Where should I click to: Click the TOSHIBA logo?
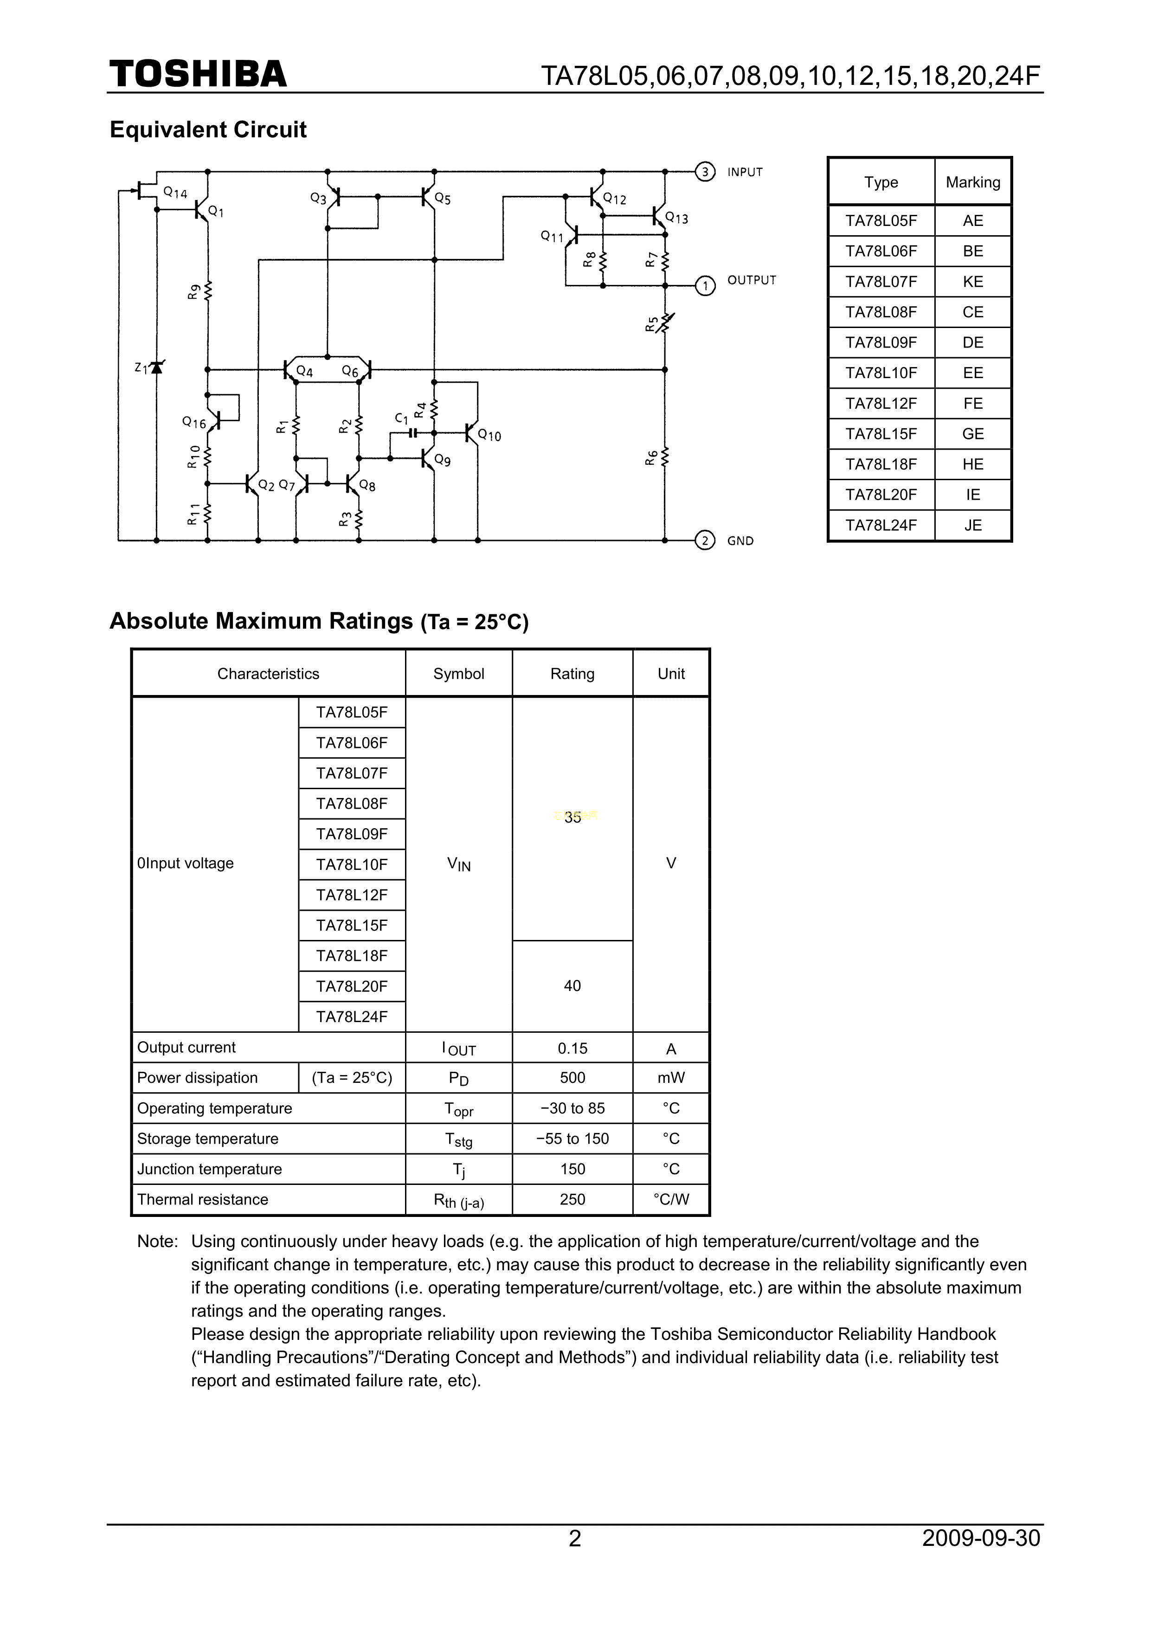pyautogui.click(x=198, y=74)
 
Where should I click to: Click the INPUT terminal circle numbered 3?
pyautogui.click(x=704, y=172)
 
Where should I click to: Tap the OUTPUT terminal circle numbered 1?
pyautogui.click(x=704, y=286)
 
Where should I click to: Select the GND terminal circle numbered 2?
pyautogui.click(x=704, y=541)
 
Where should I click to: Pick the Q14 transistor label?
pyautogui.click(x=175, y=192)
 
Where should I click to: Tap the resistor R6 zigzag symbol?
pyautogui.click(x=665, y=458)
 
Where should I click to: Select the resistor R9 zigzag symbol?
pyautogui.click(x=208, y=291)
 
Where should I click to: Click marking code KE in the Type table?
pyautogui.click(x=972, y=282)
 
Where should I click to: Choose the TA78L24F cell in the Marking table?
pyautogui.click(x=881, y=525)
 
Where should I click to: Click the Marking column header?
pyautogui.click(x=972, y=182)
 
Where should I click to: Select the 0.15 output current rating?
pyautogui.click(x=572, y=1048)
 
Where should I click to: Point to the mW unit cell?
pyautogui.click(x=671, y=1078)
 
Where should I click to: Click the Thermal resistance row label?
pyautogui.click(x=203, y=1200)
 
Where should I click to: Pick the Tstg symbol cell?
pyautogui.click(x=458, y=1139)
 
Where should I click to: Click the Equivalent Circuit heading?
pyautogui.click(x=208, y=130)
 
